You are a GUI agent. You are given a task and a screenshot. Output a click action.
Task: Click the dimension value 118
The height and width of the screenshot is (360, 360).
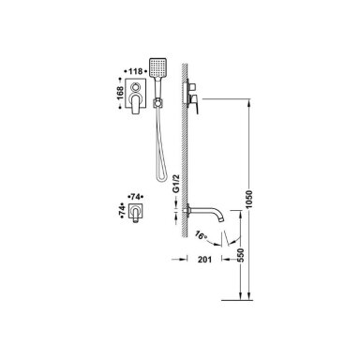tap(135, 71)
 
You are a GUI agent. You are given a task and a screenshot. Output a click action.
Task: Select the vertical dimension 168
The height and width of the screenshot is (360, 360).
tap(120, 93)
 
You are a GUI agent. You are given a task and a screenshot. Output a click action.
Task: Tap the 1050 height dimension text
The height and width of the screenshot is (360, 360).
tap(248, 200)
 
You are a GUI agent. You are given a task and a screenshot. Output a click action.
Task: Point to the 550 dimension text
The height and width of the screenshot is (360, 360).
tap(240, 255)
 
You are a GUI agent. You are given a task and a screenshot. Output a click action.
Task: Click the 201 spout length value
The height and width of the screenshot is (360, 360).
tap(204, 259)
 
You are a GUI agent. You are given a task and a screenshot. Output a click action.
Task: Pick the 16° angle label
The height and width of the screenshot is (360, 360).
tap(201, 235)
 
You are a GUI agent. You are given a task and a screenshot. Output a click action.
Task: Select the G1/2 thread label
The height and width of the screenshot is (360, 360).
tap(176, 185)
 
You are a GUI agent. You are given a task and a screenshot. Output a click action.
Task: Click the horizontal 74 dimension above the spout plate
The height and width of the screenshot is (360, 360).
tap(135, 197)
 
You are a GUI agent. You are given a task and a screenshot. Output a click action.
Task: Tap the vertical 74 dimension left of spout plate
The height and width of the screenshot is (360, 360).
tap(122, 210)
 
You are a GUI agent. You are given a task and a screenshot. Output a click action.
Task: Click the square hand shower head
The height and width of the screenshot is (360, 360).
tap(157, 67)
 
